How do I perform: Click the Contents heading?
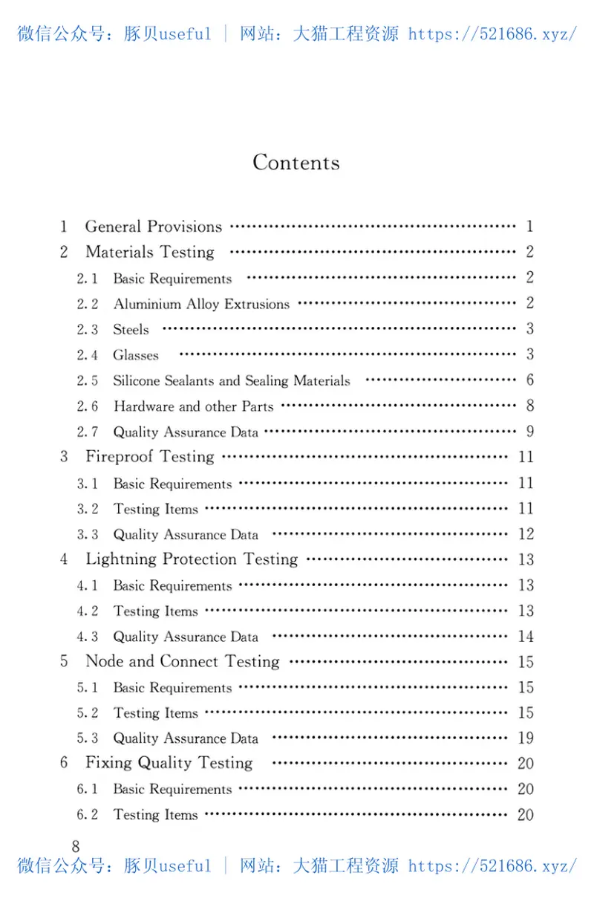296,163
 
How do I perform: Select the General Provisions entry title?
154,227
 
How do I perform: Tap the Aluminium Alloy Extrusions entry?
201,304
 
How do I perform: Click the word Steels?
131,329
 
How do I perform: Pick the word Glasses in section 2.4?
136,355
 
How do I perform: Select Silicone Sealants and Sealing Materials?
232,380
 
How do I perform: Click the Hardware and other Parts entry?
193,406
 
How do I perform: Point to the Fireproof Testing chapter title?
150,457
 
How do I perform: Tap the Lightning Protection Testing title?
192,559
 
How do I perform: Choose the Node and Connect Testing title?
183,662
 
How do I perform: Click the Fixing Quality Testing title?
169,763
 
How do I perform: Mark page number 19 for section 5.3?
526,738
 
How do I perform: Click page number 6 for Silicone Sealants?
529,380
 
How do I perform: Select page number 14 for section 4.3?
526,637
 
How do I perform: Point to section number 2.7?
87,432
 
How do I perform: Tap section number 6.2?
87,815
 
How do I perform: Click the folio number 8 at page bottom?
75,846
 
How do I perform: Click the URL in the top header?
492,34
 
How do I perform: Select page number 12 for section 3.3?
526,534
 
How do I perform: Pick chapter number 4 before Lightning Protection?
65,559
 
